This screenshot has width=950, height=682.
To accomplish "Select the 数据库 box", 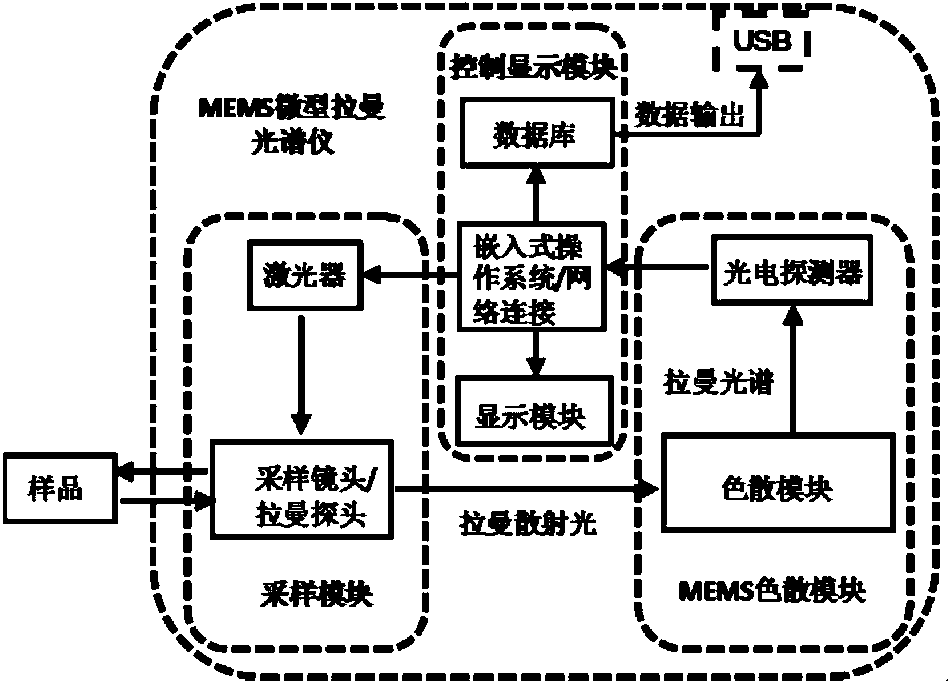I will point(536,135).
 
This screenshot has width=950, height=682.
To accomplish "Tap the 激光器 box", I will point(304,276).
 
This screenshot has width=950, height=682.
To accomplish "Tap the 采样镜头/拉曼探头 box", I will point(303,489).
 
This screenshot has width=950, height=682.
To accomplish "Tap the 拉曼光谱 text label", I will point(718,382).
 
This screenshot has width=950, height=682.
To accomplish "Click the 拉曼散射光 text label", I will point(528,523).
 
